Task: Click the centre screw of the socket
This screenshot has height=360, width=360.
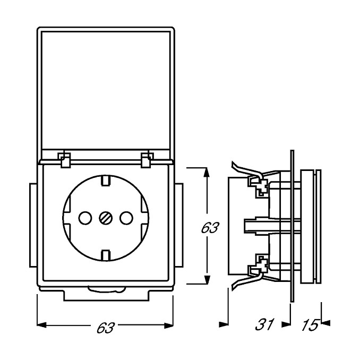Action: coord(106,218)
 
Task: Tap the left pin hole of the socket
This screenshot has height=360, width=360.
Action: coord(85,218)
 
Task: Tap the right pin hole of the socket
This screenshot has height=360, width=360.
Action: coord(126,218)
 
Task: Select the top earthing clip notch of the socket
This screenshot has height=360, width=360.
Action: coord(106,180)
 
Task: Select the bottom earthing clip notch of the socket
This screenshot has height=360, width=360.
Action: coord(106,255)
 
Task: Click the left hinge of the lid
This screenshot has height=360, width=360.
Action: coord(65,159)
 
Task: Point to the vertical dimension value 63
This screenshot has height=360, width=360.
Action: coord(210,228)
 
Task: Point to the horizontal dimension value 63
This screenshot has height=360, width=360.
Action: coord(105,328)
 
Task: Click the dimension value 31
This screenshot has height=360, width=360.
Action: coord(265,324)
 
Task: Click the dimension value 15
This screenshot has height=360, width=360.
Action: coord(310,325)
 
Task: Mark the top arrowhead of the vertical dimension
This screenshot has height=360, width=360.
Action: coord(207,173)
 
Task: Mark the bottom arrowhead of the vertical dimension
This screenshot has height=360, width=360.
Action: coord(207,279)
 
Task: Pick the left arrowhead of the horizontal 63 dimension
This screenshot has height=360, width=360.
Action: coord(41,325)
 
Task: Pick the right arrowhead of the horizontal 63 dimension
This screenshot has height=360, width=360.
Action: coord(169,325)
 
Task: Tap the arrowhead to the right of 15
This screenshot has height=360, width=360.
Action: coord(325,323)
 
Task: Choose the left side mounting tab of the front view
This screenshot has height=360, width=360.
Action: coord(33,225)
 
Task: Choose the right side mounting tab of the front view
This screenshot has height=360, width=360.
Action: coord(179,225)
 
